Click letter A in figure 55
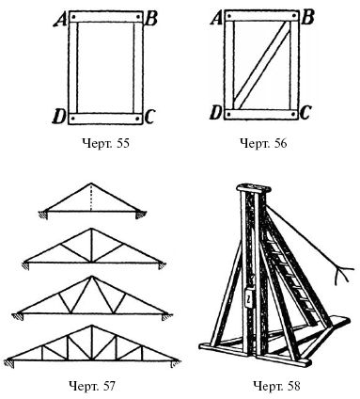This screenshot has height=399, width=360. pos(60,21)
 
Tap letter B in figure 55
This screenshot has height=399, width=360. pos(151,20)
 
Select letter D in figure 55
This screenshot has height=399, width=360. pos(59,118)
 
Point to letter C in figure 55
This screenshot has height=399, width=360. pos(149,118)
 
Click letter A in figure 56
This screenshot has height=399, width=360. pos(216,19)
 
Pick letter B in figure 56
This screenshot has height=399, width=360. pos(307,19)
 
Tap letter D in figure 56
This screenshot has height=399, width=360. pos(215,113)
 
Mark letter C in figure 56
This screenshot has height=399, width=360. pos(305,113)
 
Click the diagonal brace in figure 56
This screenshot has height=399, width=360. pos(262,65)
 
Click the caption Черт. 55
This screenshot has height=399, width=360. pos(106,144)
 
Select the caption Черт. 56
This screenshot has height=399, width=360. pos(263,143)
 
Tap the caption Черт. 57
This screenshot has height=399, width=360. pos(92,386)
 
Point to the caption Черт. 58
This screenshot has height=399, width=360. pos(276,386)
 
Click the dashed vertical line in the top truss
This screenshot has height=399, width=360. pos(91,198)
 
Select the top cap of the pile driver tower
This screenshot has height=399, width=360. pos(254,189)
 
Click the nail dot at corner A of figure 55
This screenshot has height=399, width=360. pos(72,16)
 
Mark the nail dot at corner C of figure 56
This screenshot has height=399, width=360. pos(293,114)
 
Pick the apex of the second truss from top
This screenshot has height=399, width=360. pos(91,229)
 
